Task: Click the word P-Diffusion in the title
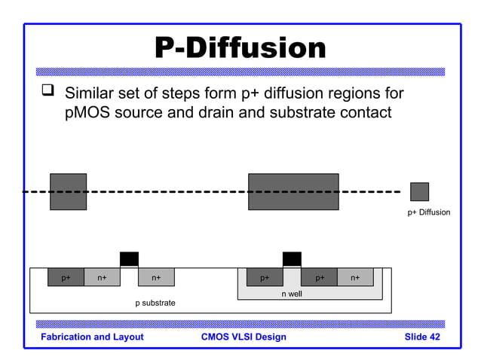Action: coord(240,48)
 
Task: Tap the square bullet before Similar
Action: coord(49,94)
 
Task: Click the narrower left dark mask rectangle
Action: coord(68,191)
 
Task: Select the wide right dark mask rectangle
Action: coord(293,191)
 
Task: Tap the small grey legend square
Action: coord(419,191)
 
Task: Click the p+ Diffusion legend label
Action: coord(428,212)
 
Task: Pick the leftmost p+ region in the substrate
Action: coord(66,277)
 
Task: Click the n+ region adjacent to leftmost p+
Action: coord(102,277)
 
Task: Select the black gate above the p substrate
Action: coord(129,259)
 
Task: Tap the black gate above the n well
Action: coord(292,259)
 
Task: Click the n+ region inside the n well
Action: coord(355,277)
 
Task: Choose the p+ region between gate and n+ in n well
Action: coord(319,277)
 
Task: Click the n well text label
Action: coord(292,294)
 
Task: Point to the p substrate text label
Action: coord(155,303)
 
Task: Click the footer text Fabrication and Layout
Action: coord(92,337)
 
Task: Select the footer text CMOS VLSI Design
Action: coord(244,337)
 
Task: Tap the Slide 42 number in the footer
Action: coord(421,337)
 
